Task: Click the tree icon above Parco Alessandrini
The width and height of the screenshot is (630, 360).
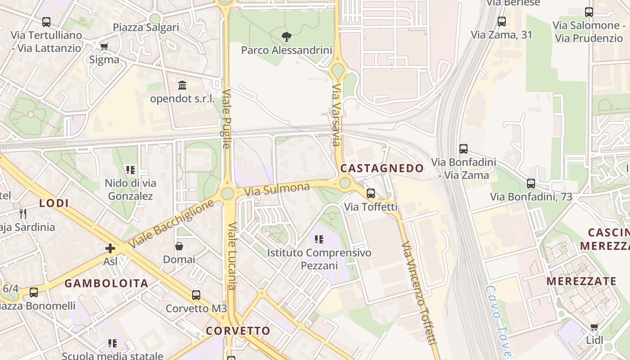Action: [x=286, y=36]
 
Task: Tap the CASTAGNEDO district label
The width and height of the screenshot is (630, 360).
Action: [x=382, y=168]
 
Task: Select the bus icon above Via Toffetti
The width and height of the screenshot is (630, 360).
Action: [x=371, y=193]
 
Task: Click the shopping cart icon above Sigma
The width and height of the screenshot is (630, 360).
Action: [x=104, y=46]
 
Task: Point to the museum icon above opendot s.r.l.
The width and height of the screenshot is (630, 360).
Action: [x=182, y=85]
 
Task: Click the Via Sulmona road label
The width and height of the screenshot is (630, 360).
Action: [x=277, y=189]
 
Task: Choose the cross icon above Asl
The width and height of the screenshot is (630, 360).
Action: [x=110, y=248]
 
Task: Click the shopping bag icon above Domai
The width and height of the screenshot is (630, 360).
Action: [x=179, y=246]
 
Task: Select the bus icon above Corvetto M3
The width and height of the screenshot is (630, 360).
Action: [x=196, y=295]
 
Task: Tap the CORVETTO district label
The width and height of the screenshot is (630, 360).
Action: [x=238, y=331]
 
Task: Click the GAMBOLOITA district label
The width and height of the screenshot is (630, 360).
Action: [x=106, y=283]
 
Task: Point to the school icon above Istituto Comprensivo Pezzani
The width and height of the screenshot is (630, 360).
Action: [x=319, y=239]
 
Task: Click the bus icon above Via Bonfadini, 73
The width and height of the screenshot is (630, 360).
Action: [x=531, y=183]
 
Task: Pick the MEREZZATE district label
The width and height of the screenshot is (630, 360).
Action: [x=581, y=281]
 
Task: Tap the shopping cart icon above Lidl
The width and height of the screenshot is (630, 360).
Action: [x=594, y=327]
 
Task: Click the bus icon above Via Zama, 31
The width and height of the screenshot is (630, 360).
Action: [x=502, y=21]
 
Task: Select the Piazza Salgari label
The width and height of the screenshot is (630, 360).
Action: [x=146, y=27]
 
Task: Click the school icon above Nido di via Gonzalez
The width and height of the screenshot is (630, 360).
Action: [x=130, y=170]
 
